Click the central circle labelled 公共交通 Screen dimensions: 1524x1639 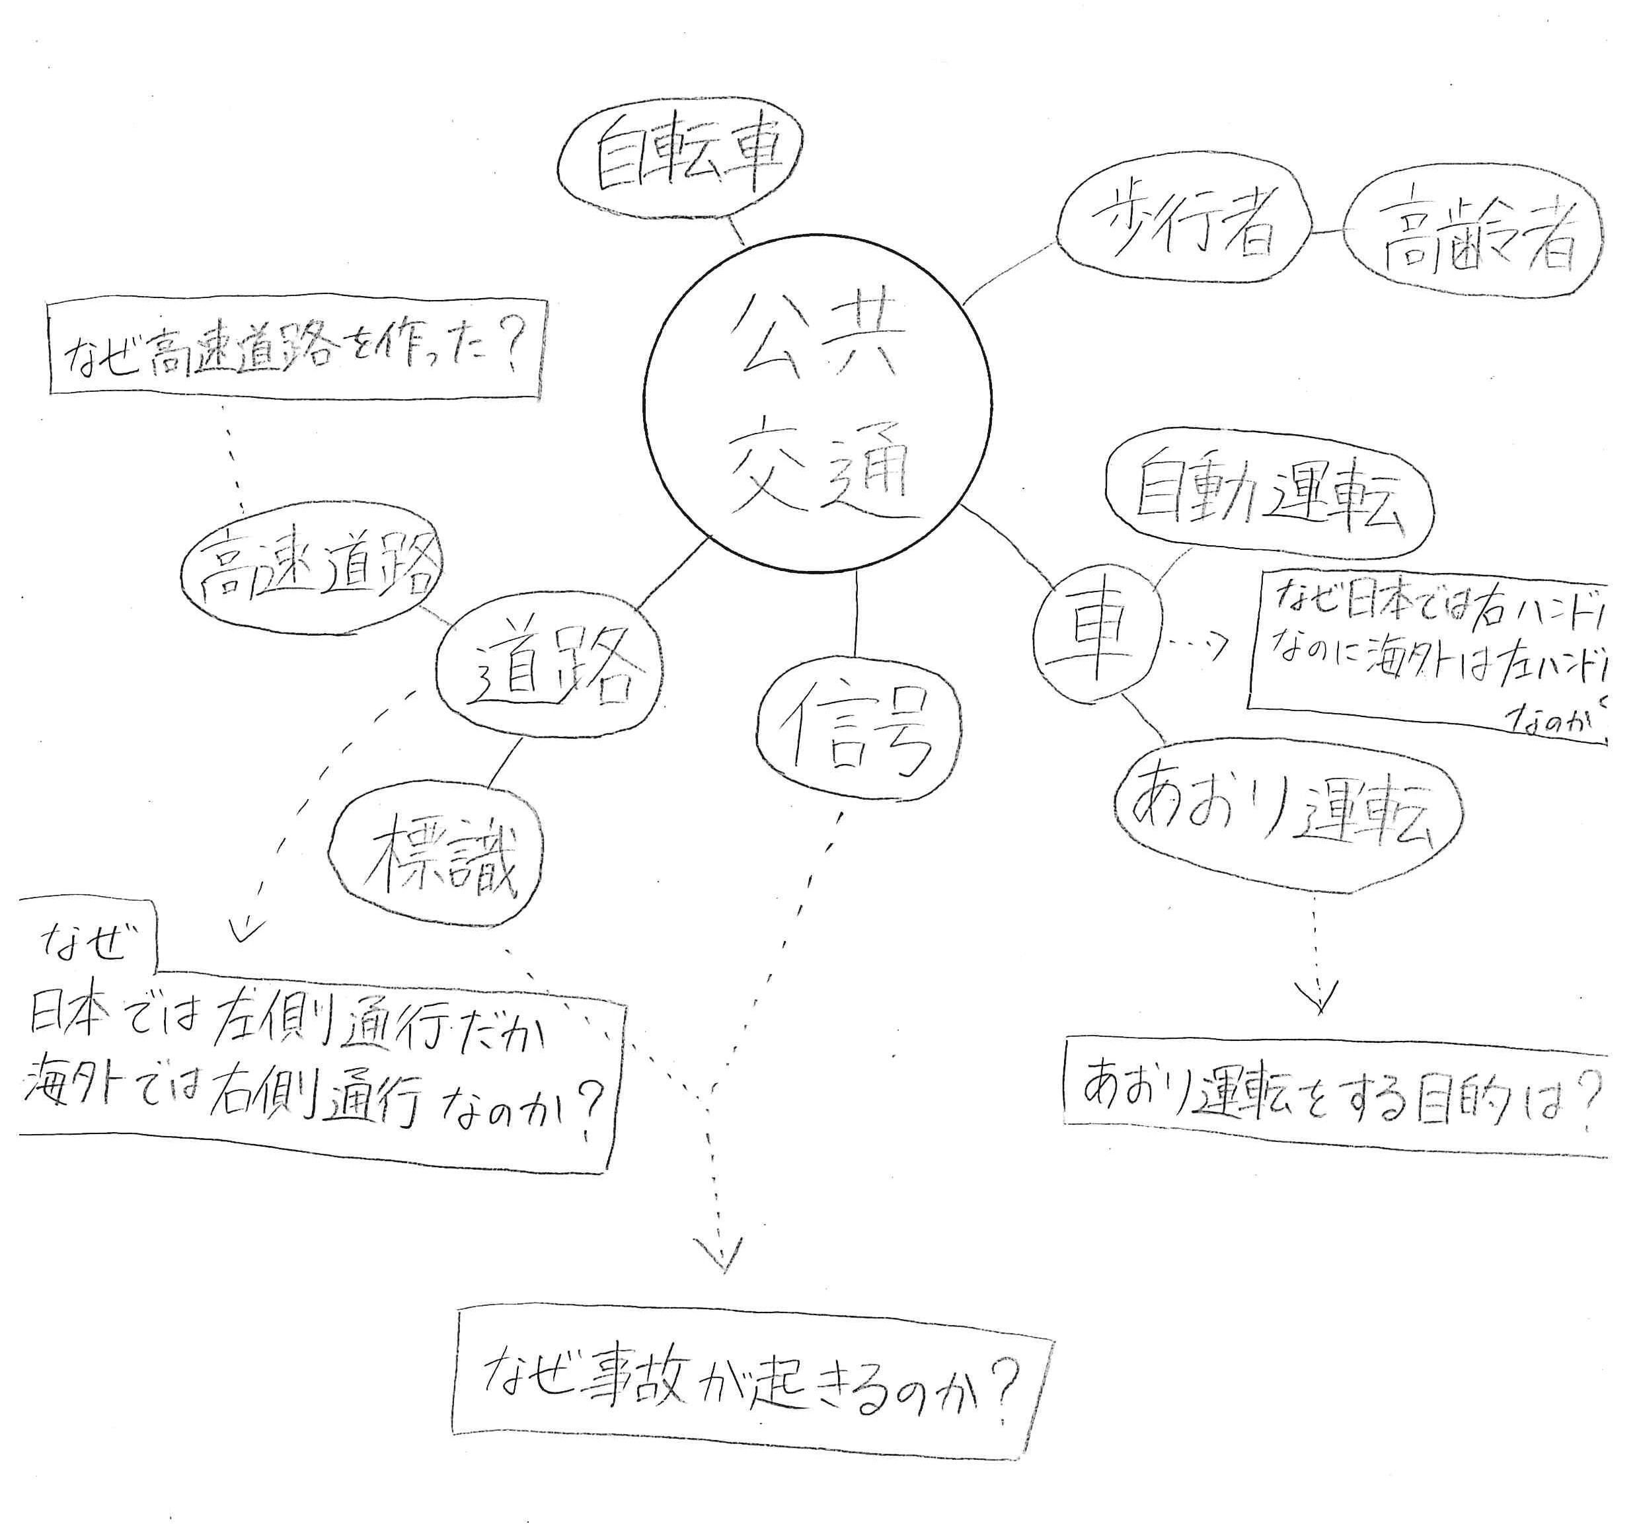pyautogui.click(x=817, y=403)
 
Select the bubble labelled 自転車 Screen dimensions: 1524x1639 pyautogui.click(x=681, y=157)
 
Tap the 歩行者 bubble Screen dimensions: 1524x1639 pyautogui.click(x=1184, y=227)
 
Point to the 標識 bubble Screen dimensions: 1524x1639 pyautogui.click(x=437, y=857)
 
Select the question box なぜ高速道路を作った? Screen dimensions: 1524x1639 pyautogui.click(x=296, y=351)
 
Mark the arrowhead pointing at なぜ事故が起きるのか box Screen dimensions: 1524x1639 pyautogui.click(x=722, y=1258)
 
